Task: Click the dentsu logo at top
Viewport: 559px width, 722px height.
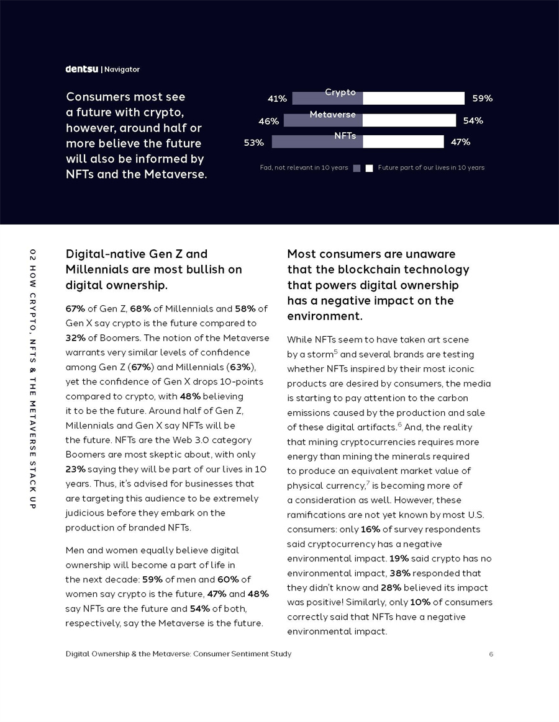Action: coord(82,69)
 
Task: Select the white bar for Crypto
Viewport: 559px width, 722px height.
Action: coord(414,98)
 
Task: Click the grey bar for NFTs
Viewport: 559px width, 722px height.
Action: coord(317,142)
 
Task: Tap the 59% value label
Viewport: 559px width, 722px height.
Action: coord(482,98)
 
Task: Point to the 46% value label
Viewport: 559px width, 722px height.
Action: coord(268,122)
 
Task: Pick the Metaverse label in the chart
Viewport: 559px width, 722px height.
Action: coord(332,115)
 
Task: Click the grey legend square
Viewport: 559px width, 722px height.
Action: coord(357,168)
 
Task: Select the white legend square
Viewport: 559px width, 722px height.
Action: coord(369,168)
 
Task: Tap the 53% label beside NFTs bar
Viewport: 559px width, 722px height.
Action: coord(253,143)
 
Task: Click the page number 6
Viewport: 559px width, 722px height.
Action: coord(491,654)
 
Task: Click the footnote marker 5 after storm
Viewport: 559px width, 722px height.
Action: coord(335,352)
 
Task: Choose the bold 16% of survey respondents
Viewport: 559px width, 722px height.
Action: coord(370,530)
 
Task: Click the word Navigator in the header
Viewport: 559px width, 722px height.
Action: coord(122,69)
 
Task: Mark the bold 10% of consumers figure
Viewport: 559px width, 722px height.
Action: coord(420,602)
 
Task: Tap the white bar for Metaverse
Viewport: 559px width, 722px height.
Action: coord(409,120)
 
